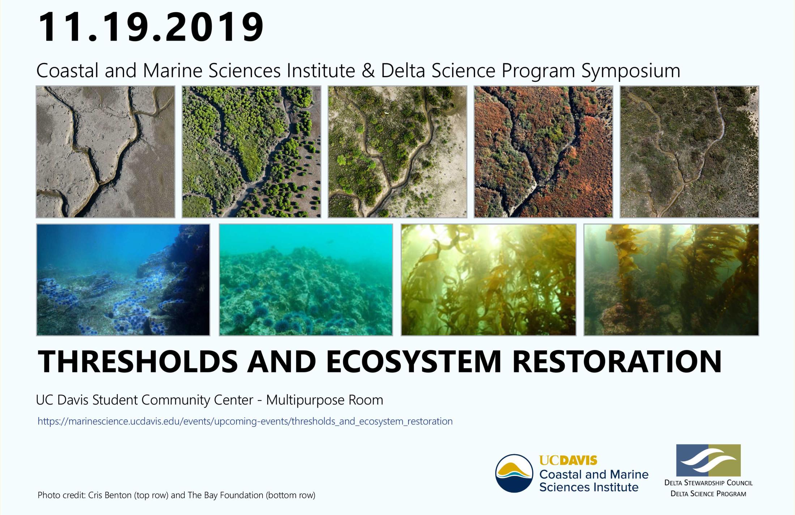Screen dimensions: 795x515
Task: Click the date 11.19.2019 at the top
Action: coord(151,27)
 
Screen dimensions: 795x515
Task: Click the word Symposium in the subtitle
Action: coord(631,71)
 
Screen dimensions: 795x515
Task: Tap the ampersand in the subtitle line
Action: coord(368,71)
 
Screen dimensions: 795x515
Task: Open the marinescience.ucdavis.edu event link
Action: coord(245,421)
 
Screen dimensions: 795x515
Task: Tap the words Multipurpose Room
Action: coord(324,400)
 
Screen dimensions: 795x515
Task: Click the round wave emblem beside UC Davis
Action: coord(514,473)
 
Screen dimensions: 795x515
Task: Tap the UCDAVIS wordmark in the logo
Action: coord(568,460)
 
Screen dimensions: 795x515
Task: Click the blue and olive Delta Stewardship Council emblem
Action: coord(708,460)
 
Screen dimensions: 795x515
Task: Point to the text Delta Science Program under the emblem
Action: coord(708,494)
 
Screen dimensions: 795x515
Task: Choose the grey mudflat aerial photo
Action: coord(106,152)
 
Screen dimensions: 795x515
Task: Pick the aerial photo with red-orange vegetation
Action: coord(543,152)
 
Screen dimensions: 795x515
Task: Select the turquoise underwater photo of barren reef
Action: coord(306,280)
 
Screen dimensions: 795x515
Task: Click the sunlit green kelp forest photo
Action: coord(488,280)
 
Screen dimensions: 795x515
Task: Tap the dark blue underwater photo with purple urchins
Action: coord(123,280)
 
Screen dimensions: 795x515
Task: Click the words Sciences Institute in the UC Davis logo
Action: coord(589,487)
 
